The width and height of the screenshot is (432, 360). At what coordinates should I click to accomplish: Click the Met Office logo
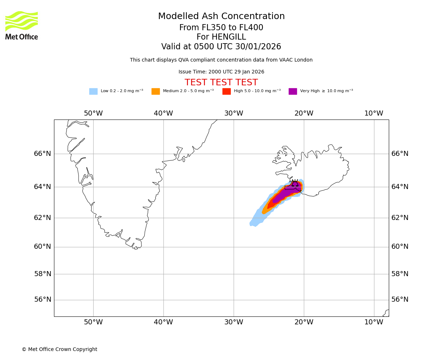point(22,25)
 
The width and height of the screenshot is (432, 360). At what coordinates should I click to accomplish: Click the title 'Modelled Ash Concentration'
point(221,17)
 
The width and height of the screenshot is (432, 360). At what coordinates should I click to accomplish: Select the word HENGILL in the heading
point(229,37)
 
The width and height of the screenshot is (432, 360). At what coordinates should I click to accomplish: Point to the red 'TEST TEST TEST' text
point(221,82)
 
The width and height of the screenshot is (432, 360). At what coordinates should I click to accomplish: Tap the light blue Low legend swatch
point(93,91)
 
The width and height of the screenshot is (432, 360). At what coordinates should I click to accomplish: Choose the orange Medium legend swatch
point(156,91)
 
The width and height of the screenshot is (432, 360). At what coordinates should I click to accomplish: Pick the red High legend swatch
point(226,91)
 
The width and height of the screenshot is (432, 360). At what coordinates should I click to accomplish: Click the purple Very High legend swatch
point(293,91)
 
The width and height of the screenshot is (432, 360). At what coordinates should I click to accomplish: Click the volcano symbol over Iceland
point(295,184)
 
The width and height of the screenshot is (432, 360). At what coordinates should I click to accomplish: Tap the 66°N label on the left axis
point(42,154)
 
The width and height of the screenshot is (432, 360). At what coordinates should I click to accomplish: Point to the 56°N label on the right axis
point(400,300)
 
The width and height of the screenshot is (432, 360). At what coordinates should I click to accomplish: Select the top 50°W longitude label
point(93,113)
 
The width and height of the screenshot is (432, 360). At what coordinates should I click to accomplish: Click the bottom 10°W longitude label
point(374,322)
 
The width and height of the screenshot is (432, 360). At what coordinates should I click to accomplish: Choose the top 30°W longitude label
point(234,113)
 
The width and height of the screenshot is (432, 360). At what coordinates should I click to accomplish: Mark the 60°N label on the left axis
point(42,247)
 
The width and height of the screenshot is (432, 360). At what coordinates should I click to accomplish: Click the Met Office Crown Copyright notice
point(59,349)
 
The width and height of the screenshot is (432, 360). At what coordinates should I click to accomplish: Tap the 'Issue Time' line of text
point(221,72)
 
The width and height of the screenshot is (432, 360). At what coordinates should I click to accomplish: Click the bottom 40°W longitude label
point(163,322)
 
